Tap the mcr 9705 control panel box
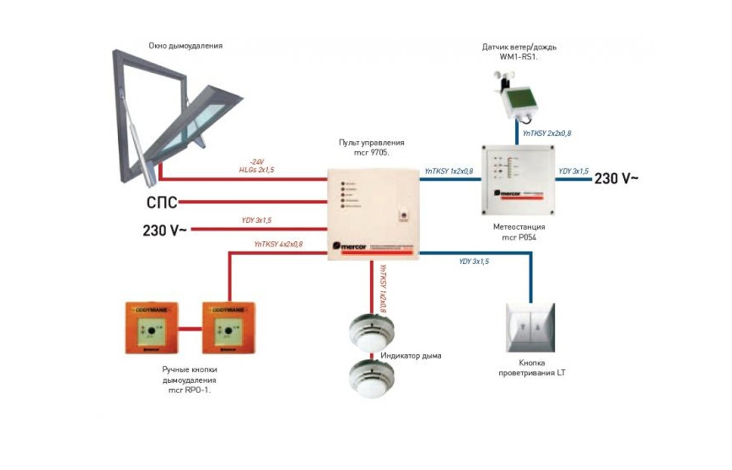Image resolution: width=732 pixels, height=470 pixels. click(373, 214)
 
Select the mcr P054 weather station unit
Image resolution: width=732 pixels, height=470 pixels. click(518, 180)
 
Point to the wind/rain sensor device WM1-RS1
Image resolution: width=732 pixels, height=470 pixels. click(516, 99)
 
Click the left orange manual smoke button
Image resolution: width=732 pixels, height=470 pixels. click(152, 328)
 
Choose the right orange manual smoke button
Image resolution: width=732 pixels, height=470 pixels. click(228, 328)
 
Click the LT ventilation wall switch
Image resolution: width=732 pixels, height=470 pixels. click(530, 328)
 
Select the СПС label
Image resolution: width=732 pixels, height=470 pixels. click(162, 202)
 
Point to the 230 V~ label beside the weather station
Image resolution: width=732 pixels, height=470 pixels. click(616, 179)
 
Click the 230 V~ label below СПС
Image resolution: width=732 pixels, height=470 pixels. click(164, 230)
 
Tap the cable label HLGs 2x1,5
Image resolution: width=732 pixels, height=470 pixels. click(256, 170)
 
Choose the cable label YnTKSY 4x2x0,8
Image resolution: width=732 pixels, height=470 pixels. click(278, 244)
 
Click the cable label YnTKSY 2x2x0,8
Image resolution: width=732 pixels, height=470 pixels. click(547, 133)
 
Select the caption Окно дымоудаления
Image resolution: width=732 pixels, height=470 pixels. click(186, 46)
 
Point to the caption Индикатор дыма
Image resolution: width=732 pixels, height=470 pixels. click(411, 356)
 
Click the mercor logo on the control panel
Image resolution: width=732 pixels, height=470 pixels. click(350, 246)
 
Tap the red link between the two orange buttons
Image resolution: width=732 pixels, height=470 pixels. click(190, 329)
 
